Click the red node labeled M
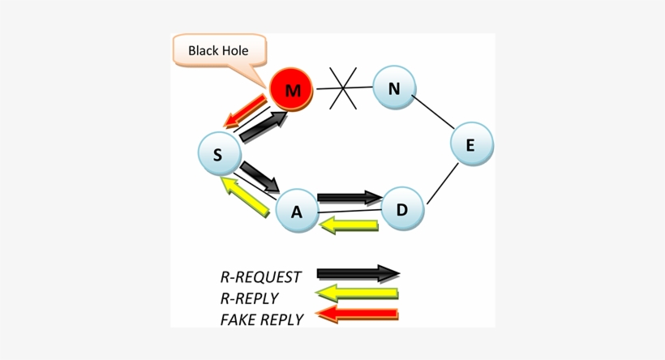click(x=292, y=90)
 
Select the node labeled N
click(x=394, y=88)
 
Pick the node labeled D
click(x=402, y=209)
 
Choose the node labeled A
click(x=297, y=212)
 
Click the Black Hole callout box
click(x=218, y=51)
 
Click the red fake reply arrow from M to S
click(x=246, y=111)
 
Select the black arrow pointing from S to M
click(x=264, y=127)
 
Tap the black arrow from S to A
click(x=260, y=176)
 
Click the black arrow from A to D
click(x=350, y=197)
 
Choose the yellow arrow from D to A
click(x=350, y=225)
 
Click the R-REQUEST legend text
click(x=260, y=277)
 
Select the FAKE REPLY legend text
click(x=261, y=319)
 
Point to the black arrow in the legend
click(x=358, y=273)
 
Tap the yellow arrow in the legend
click(x=357, y=294)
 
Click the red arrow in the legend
click(x=357, y=314)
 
